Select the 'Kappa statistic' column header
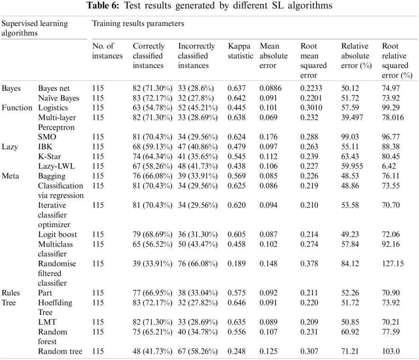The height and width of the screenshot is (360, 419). tap(240, 51)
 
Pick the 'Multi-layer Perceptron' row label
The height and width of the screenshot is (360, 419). tap(58, 122)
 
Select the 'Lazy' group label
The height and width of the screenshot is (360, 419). tap(10, 147)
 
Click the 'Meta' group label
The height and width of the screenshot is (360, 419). tap(10, 175)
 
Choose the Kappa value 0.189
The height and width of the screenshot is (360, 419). tap(237, 263)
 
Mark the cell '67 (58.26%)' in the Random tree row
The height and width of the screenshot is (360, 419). tap(198, 351)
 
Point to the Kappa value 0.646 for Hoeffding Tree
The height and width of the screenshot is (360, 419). tap(237, 302)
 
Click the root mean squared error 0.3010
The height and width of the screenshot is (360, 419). tap(312, 108)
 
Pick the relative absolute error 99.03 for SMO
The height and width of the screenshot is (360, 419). tap(350, 137)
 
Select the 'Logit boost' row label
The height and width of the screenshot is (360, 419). tap(57, 234)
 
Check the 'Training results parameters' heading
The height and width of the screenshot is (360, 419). tap(138, 23)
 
